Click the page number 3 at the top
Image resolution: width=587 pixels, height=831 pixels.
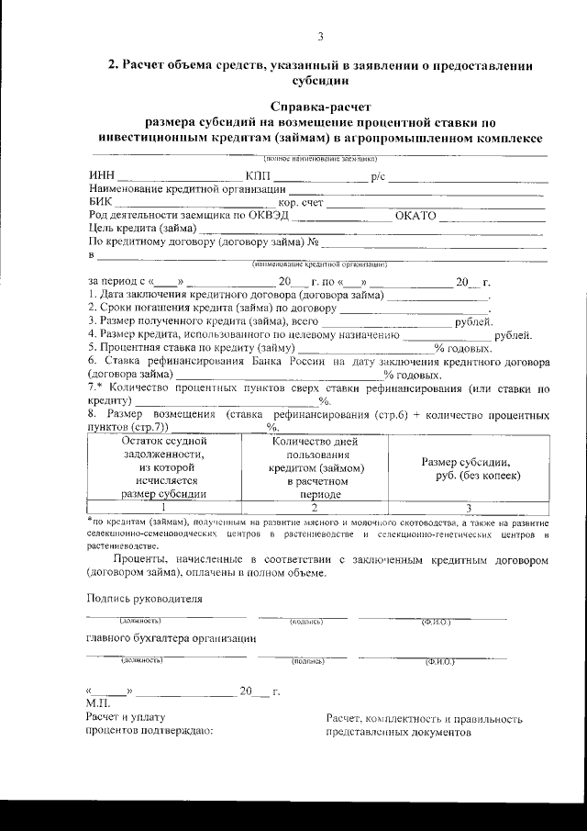[320, 37]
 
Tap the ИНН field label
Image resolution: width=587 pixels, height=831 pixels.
[101, 176]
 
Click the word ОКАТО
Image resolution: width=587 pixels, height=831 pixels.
[415, 216]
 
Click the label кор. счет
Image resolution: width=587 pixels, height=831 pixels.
[301, 202]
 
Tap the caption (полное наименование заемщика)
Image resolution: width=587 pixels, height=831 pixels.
[320, 160]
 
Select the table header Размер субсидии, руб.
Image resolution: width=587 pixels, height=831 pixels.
[471, 468]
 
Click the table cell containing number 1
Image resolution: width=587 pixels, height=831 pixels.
[163, 506]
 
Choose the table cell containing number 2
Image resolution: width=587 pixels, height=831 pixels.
[315, 506]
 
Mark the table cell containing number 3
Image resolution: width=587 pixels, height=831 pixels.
[469, 506]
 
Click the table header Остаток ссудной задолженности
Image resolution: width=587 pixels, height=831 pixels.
[163, 466]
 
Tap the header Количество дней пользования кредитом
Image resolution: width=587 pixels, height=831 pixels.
[315, 466]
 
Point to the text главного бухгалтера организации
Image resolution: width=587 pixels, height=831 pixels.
[171, 638]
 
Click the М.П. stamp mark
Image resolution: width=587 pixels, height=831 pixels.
[97, 703]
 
